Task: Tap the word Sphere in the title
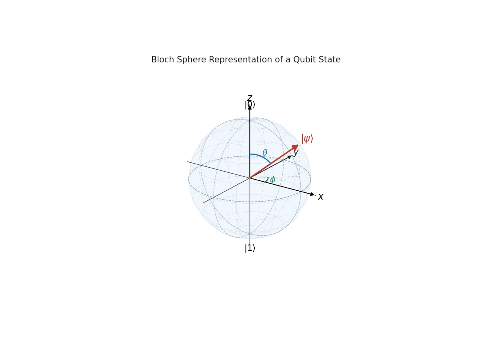(191, 60)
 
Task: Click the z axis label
(250, 98)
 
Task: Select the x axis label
(320, 196)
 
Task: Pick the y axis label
(296, 153)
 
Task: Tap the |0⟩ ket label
(250, 105)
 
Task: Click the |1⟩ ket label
(250, 248)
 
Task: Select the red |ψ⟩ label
(307, 139)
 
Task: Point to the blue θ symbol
(265, 152)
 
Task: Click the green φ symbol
(272, 180)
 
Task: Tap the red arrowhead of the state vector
(296, 147)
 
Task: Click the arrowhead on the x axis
(312, 194)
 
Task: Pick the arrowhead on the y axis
(290, 157)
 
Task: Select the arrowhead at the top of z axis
(250, 108)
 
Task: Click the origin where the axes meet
(250, 178)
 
